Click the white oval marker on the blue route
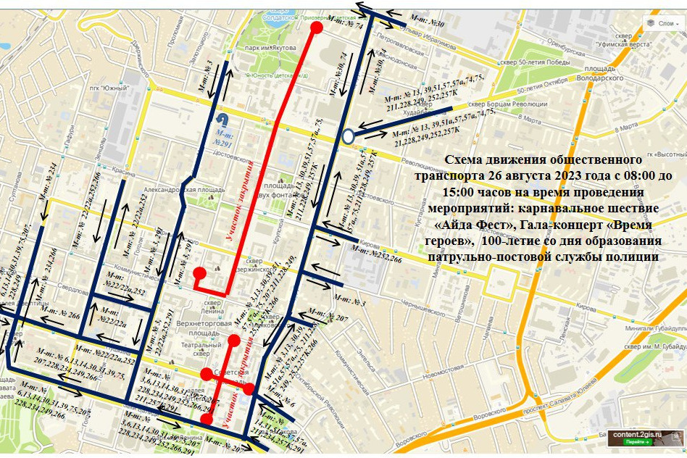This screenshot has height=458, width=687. [x=348, y=136]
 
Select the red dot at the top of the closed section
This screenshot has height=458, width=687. [x=316, y=28]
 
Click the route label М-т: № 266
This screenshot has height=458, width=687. [x=64, y=315]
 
